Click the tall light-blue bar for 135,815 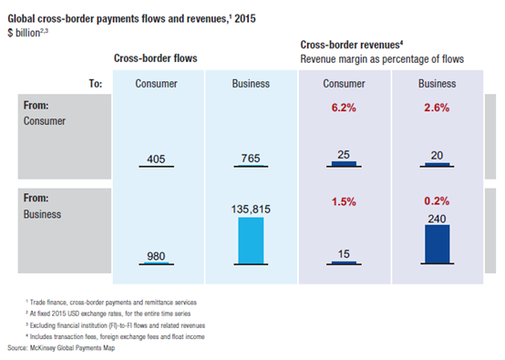[251, 241]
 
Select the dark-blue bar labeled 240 [437, 243]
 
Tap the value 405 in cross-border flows [156, 159]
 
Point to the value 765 [251, 159]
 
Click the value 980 [156, 256]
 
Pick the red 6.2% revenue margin [344, 108]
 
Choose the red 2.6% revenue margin [437, 108]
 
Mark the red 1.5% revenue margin [344, 202]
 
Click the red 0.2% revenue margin [437, 201]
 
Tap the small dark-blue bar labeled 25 [344, 163]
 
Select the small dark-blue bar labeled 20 [437, 165]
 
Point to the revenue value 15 [344, 254]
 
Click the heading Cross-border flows [156, 58]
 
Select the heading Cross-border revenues [352, 45]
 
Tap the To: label [96, 84]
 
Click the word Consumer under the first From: [45, 121]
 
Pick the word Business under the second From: [42, 214]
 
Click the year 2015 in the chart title [245, 18]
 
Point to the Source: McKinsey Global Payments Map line [61, 348]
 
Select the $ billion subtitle [27, 33]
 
